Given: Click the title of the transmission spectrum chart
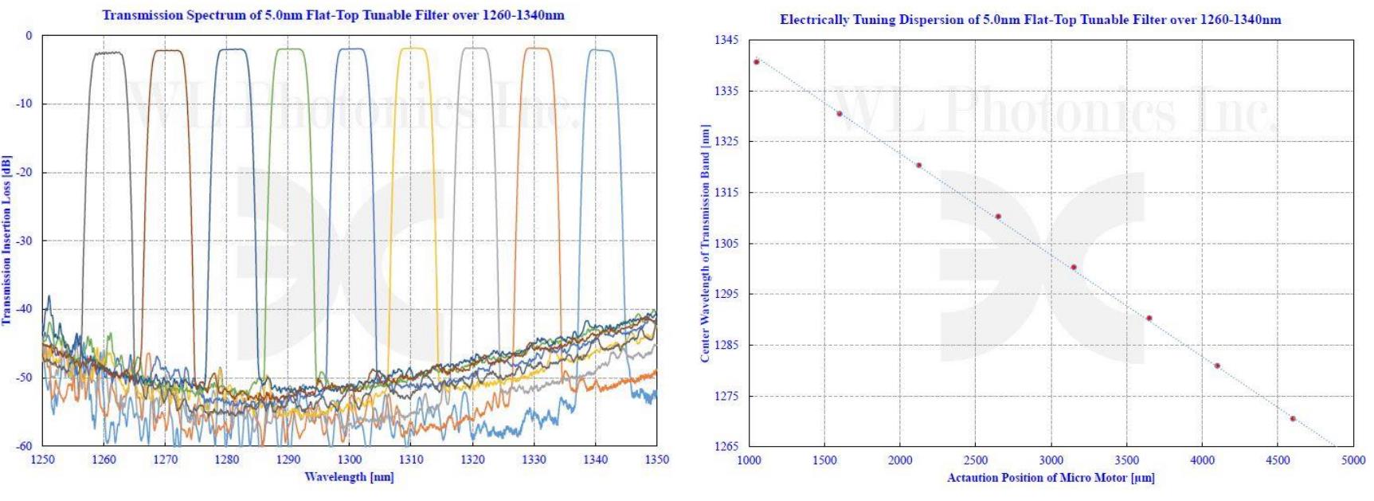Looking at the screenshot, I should click(x=333, y=15).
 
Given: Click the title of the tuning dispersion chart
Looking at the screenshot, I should click(x=1030, y=20).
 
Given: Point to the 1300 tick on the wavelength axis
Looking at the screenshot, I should click(x=350, y=460).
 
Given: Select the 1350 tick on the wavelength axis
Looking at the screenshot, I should click(x=656, y=460).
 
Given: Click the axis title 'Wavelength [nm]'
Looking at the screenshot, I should click(x=349, y=476).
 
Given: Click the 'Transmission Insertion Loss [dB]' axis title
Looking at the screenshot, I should click(x=6, y=240).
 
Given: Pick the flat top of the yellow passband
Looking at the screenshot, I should click(x=413, y=49).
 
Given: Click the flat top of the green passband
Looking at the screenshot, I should click(x=290, y=49).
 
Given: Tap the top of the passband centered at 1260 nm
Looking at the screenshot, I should click(x=107, y=53).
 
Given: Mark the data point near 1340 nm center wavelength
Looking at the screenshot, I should click(x=756, y=61).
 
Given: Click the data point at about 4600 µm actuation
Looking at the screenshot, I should click(x=1293, y=418).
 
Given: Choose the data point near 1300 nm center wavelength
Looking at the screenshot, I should click(x=1074, y=267).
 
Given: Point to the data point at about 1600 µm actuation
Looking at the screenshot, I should click(x=840, y=113).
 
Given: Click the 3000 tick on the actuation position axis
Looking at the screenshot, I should click(x=1051, y=460).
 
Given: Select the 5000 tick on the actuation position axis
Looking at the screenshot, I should click(x=1352, y=460).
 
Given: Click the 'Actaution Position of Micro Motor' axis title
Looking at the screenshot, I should click(x=1050, y=477).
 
